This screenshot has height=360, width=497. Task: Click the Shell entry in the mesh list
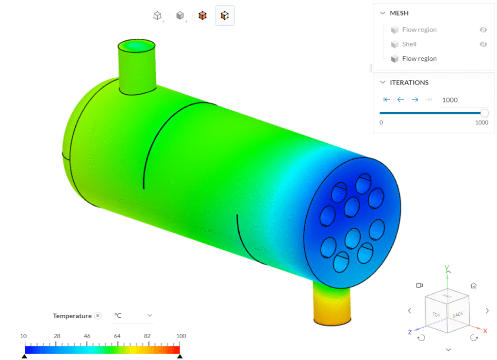point(409,44)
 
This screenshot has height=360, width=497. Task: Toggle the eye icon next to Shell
point(483,44)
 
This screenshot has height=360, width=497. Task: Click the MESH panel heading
point(399,13)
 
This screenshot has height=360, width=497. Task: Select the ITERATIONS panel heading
point(409,83)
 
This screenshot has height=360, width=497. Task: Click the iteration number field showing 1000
point(450,100)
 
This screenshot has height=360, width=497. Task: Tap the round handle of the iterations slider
point(484,113)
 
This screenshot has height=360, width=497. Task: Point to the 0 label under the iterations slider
point(381,123)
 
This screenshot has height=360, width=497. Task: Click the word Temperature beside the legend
point(72,316)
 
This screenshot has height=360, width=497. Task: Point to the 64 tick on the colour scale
point(117,336)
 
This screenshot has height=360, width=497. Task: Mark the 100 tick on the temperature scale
point(181,336)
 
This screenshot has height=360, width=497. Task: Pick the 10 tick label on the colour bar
point(23,336)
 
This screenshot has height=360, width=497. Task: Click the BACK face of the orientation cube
point(458,315)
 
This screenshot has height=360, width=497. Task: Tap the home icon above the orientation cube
point(474,286)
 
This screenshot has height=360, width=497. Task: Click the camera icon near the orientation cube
point(419,285)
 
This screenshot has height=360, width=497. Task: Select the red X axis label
point(484,330)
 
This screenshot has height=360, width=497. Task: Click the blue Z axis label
point(410,332)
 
